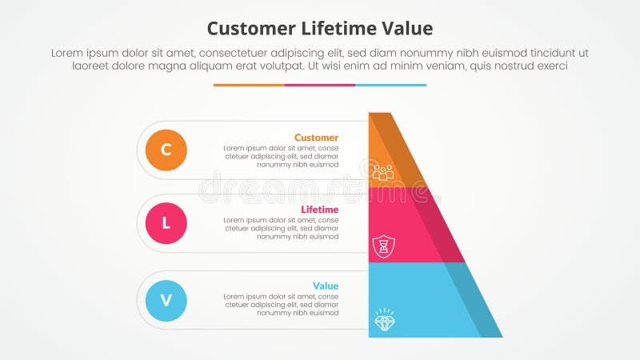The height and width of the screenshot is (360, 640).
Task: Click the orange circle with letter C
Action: [166, 150]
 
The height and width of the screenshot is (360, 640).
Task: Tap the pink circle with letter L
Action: [166, 223]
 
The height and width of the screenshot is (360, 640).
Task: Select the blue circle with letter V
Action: [166, 301]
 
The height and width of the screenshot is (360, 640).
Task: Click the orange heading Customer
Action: [316, 138]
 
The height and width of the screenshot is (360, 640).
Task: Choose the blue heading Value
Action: [325, 286]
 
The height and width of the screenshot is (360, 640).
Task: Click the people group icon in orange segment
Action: [383, 172]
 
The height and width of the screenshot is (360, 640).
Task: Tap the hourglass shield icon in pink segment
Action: [383, 246]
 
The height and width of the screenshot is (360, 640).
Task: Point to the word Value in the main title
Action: [406, 29]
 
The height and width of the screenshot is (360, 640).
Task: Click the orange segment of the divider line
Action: [249, 85]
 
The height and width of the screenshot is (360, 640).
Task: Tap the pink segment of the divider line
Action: [320, 85]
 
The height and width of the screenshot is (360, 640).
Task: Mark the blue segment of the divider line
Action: [390, 85]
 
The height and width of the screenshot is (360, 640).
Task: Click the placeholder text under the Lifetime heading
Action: [281, 228]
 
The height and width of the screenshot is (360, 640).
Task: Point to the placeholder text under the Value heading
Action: [281, 305]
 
